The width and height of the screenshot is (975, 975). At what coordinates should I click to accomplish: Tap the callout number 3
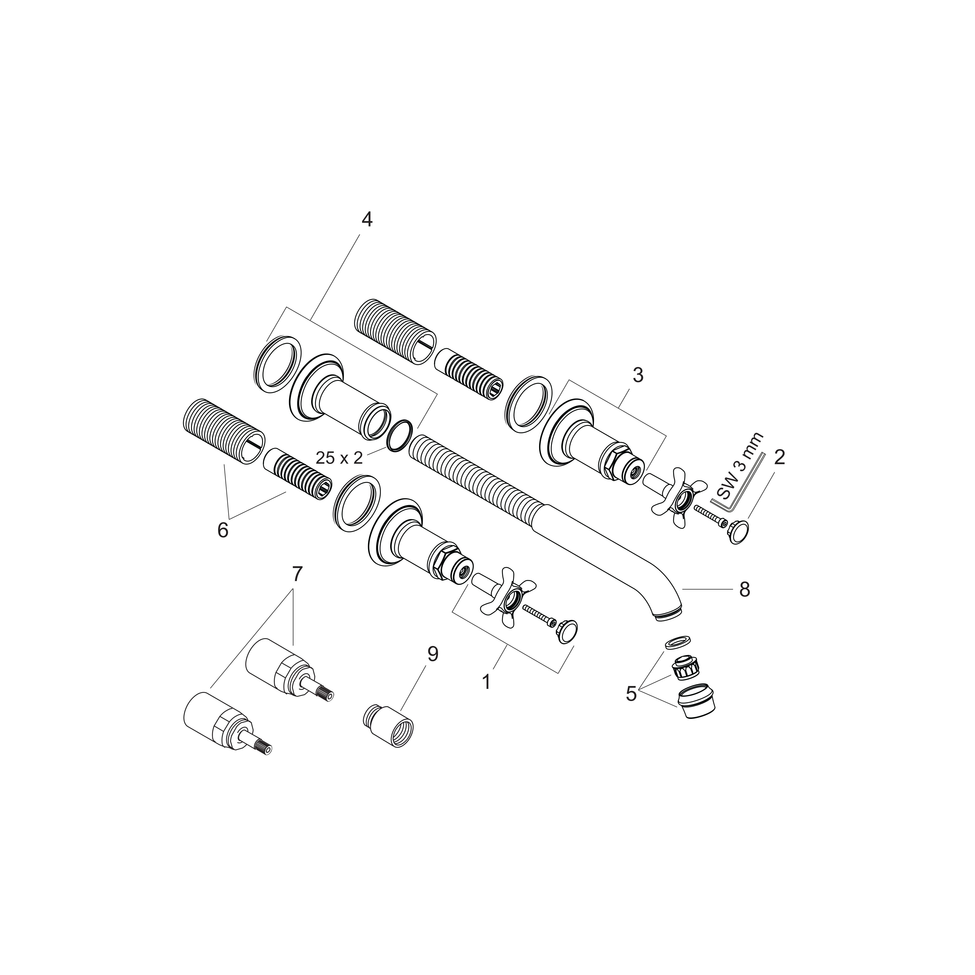[638, 375]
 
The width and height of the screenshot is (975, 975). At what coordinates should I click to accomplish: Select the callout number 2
[780, 458]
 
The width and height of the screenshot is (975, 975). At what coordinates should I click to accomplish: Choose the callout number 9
[433, 655]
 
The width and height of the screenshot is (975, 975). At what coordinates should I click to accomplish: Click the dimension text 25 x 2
[339, 458]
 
